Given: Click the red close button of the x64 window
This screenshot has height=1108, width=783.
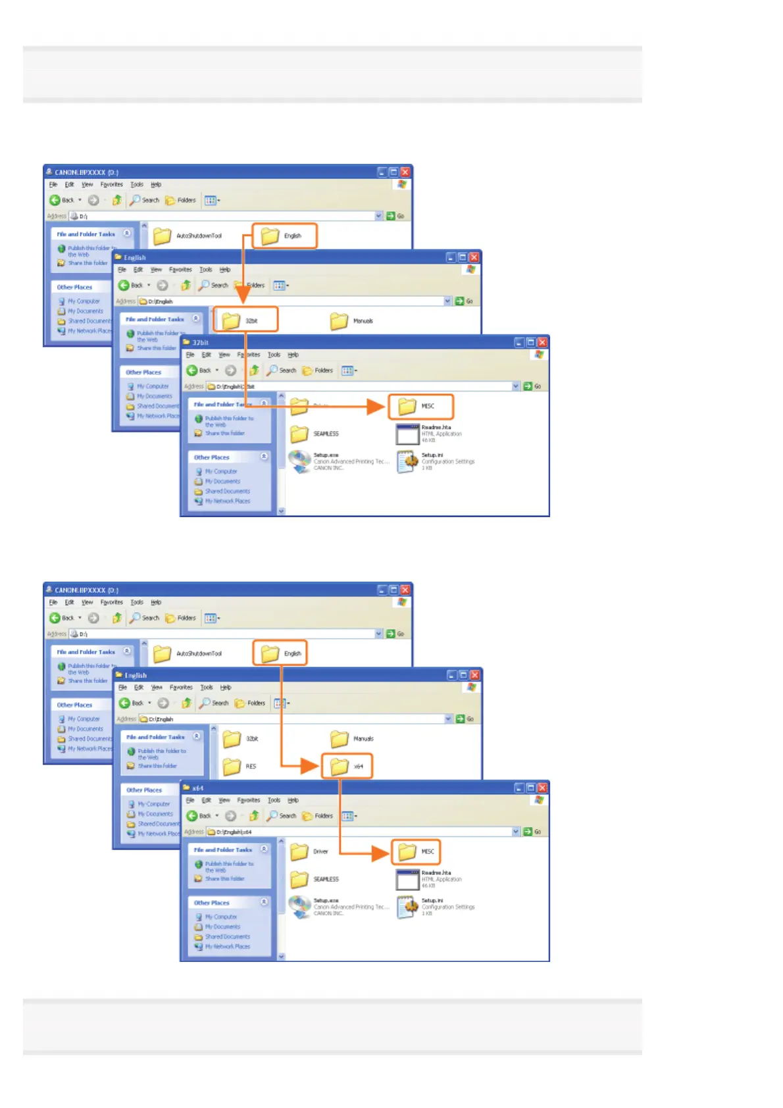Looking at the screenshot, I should click(542, 788).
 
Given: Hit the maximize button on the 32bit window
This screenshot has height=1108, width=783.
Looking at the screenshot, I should click(530, 343).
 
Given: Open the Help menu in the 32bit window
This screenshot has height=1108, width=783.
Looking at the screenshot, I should click(293, 355).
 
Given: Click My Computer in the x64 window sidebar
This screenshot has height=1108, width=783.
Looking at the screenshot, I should click(220, 917).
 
